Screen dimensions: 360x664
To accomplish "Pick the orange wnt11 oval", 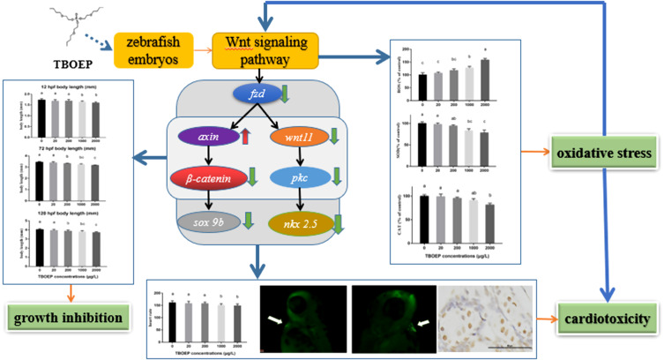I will (x=298, y=137).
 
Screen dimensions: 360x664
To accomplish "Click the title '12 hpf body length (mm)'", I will (x=64, y=86).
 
